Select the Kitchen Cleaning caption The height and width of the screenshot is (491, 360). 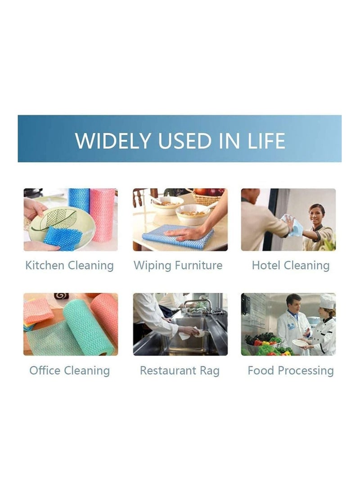69,265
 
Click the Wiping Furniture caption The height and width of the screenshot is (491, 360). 178,265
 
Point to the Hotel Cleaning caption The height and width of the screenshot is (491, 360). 291,265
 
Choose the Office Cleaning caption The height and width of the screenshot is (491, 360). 69,370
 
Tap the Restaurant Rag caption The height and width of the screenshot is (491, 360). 180,370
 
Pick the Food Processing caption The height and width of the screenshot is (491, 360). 291,370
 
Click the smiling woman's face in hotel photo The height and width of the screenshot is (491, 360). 316,214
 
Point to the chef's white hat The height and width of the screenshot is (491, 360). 327,301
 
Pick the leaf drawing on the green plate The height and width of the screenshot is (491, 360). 59,219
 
